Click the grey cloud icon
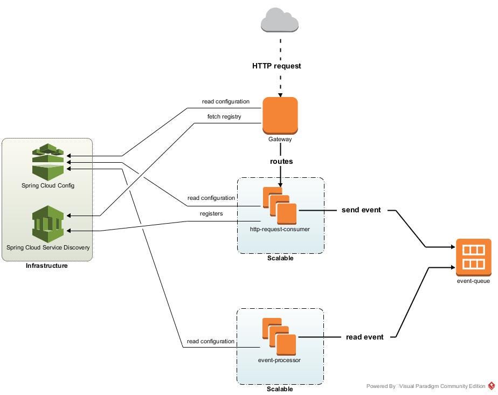click(x=280, y=20)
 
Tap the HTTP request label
click(x=276, y=66)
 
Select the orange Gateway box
click(x=280, y=115)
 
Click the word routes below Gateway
click(x=281, y=161)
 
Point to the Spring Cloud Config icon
click(x=48, y=162)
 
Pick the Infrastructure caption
click(x=47, y=266)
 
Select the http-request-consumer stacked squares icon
click(x=280, y=205)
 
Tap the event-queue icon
click(x=474, y=258)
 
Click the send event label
click(x=361, y=210)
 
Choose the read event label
click(x=364, y=337)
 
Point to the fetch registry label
click(x=224, y=117)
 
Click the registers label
click(x=211, y=214)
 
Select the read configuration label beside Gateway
click(x=226, y=102)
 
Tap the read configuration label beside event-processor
click(x=211, y=341)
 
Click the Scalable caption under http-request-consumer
click(x=280, y=258)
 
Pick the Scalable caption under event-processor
click(x=280, y=389)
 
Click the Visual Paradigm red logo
click(x=492, y=386)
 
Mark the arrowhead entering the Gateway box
click(x=280, y=95)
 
